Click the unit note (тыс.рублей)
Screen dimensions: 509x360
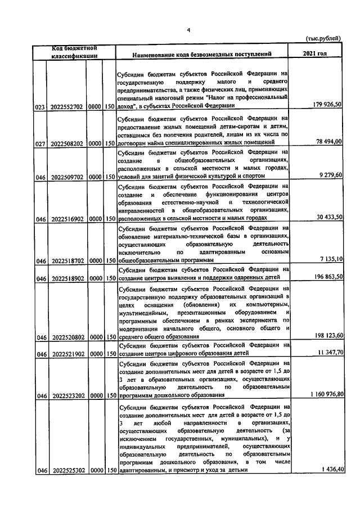tap(323, 38)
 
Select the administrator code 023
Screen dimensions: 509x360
tap(40, 106)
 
